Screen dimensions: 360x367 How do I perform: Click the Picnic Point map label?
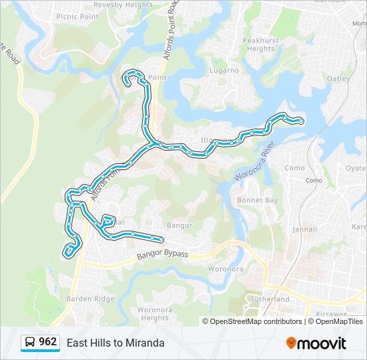(81, 16)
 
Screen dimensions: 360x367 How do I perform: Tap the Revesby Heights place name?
(123, 5)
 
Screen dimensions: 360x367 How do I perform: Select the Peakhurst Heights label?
(260, 45)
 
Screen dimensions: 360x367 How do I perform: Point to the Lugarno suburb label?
(224, 70)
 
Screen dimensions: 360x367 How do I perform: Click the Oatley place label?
(338, 79)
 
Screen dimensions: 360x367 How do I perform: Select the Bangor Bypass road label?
(163, 255)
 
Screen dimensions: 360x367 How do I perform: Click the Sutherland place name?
(270, 299)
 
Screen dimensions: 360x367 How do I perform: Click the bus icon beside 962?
(30, 343)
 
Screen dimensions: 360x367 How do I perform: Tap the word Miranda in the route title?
(145, 343)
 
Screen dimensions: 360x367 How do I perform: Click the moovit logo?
(316, 343)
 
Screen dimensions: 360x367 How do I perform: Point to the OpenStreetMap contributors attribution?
(256, 321)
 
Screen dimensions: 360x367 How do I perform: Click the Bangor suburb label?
(179, 225)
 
